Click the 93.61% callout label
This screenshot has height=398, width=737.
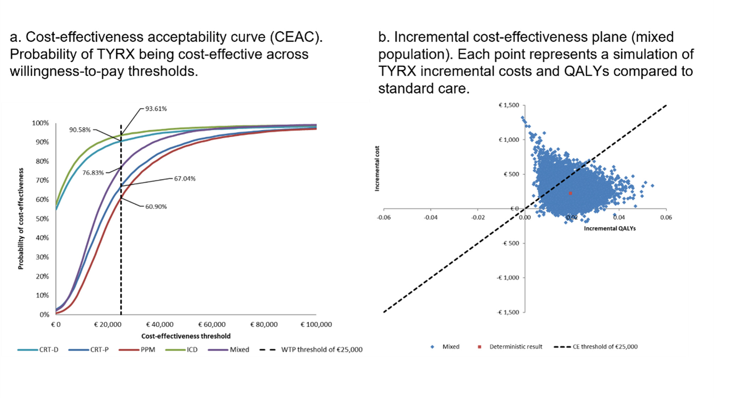(x=156, y=109)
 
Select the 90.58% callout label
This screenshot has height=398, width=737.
(x=80, y=130)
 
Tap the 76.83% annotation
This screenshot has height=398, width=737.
(x=93, y=173)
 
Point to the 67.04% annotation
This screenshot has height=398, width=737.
(x=185, y=178)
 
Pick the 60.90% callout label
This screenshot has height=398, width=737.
(x=156, y=206)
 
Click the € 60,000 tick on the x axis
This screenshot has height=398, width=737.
(x=212, y=324)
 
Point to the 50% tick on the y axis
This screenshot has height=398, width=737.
(x=42, y=218)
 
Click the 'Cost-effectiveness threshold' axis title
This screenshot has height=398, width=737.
(x=186, y=336)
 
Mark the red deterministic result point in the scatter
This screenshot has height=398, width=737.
(x=570, y=193)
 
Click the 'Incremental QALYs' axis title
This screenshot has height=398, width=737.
(x=609, y=228)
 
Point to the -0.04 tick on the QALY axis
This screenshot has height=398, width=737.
(x=431, y=217)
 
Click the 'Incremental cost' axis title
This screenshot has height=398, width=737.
(x=377, y=169)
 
